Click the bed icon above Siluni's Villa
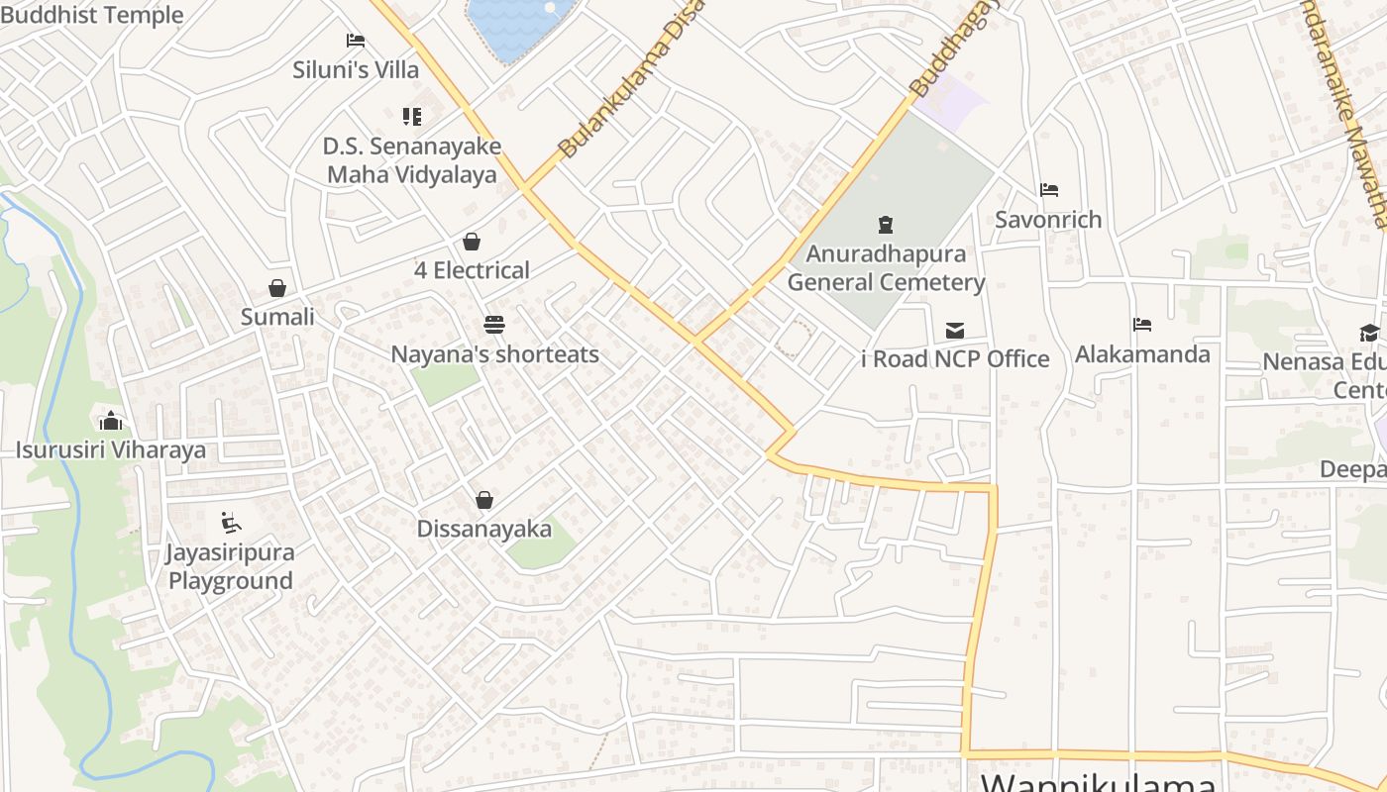(356, 41)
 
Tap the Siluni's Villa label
(356, 70)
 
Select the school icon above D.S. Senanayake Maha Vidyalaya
(412, 117)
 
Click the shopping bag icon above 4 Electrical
(472, 242)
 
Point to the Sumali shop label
(277, 317)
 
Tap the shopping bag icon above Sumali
(277, 288)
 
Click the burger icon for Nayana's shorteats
(493, 325)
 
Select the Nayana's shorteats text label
(494, 354)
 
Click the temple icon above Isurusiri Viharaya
(111, 421)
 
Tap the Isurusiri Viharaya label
(111, 450)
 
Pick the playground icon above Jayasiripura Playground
(231, 522)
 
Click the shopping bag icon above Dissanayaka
(484, 500)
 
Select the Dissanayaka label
(484, 529)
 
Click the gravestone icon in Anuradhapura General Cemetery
(886, 225)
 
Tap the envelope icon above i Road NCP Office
(955, 330)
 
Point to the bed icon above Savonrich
(1049, 190)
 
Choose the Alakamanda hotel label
(1142, 354)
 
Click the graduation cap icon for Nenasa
(1369, 333)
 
